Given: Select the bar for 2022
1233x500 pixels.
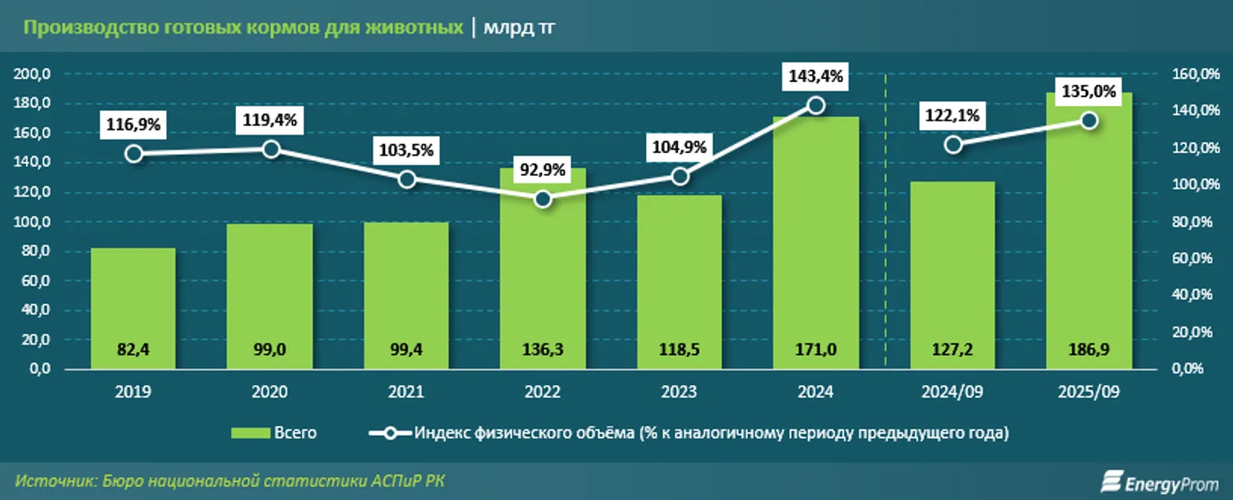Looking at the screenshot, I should click(x=543, y=269).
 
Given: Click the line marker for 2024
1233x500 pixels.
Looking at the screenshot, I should click(x=816, y=105).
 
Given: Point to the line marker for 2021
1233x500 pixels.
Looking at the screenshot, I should click(x=407, y=179).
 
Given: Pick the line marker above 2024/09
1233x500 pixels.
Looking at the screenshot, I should click(x=954, y=145).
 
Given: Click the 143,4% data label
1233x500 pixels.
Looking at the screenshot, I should click(x=816, y=77).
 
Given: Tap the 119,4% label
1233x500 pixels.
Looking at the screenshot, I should click(x=271, y=121).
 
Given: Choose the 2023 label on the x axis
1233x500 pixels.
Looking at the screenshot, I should click(x=680, y=392).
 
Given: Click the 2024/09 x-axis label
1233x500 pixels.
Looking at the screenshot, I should click(x=952, y=392).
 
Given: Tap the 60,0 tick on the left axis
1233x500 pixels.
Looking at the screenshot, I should click(x=35, y=281).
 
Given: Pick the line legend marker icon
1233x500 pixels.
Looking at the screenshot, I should click(x=389, y=433).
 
